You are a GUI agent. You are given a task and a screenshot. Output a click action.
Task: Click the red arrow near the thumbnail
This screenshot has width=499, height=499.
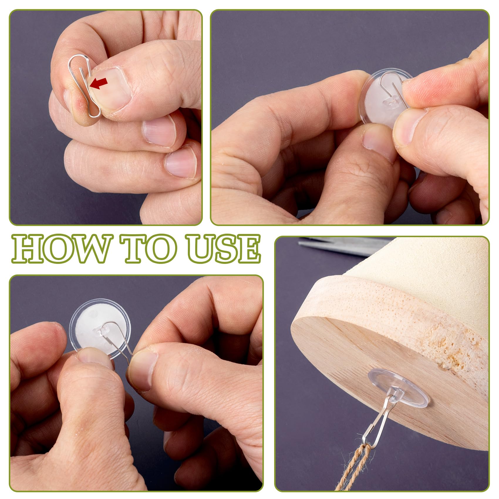[98, 83]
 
